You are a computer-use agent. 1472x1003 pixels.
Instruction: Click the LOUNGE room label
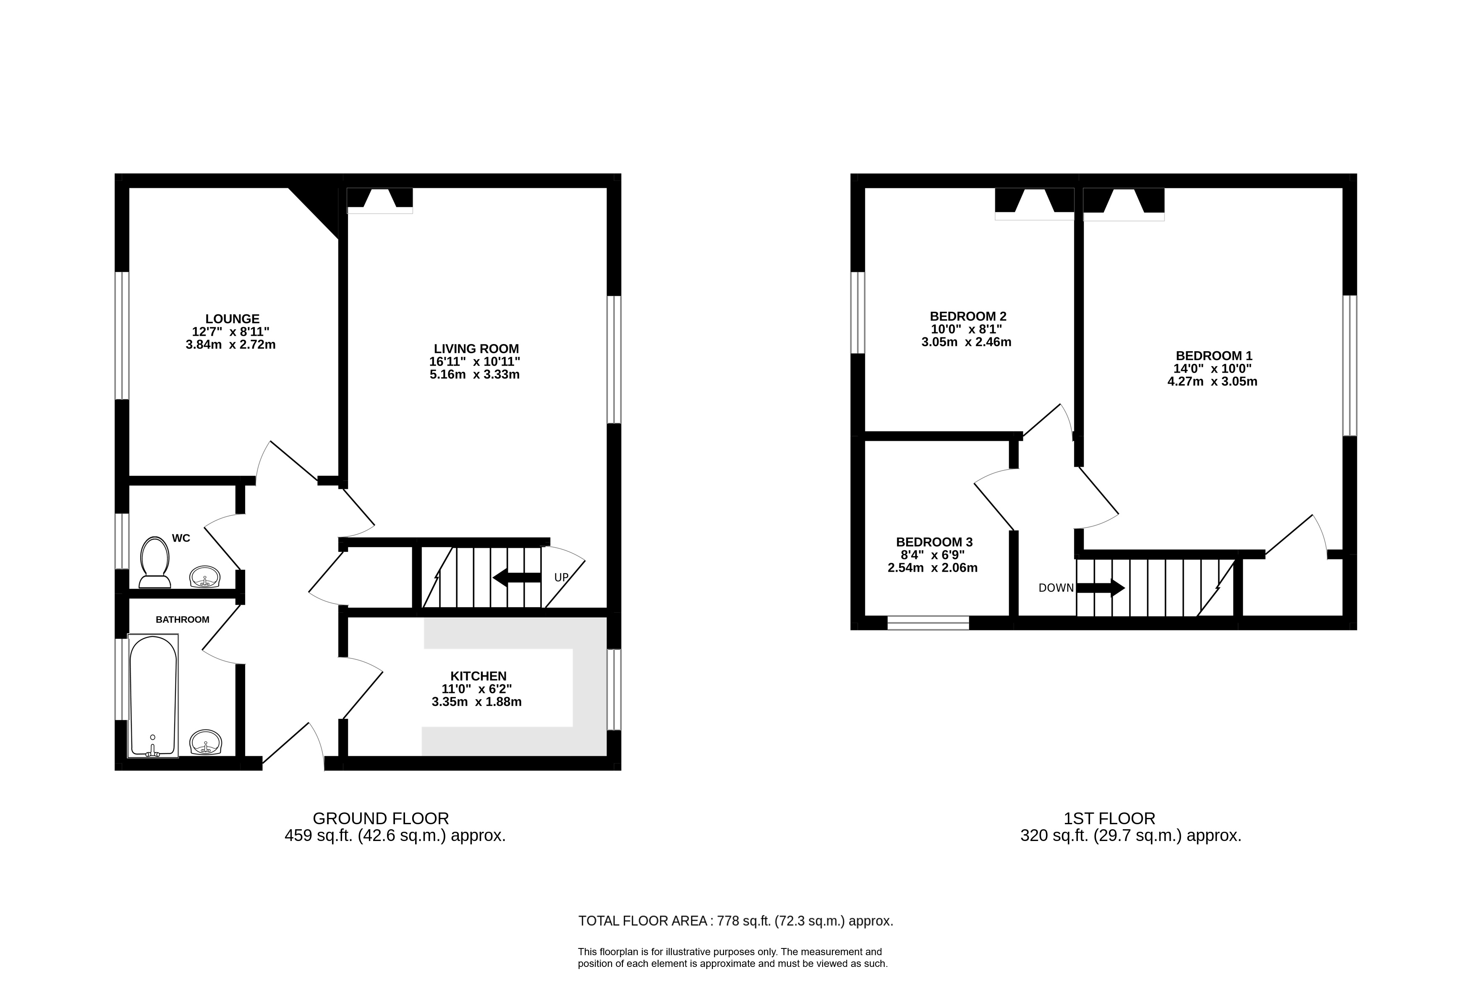click(233, 319)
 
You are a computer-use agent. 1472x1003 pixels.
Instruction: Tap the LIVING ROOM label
click(476, 348)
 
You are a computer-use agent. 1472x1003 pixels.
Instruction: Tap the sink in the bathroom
click(206, 742)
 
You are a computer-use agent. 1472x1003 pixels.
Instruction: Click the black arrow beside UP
click(517, 577)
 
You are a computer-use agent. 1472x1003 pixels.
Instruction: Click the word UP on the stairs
click(561, 577)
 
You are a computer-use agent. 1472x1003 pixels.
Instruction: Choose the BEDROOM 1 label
click(1213, 356)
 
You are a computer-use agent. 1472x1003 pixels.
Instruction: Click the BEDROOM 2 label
click(968, 316)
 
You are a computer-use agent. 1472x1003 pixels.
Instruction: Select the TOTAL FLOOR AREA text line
click(735, 921)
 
